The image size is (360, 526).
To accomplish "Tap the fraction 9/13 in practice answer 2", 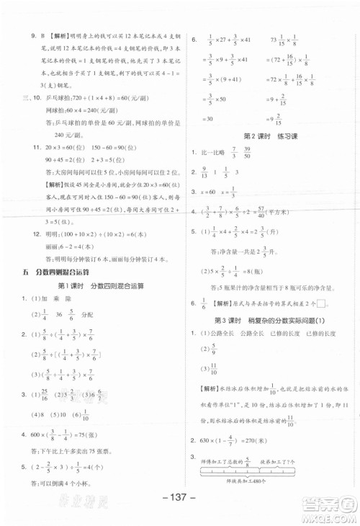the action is click(207, 172).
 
